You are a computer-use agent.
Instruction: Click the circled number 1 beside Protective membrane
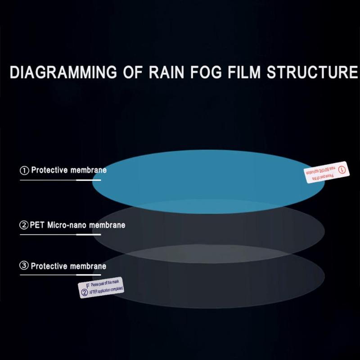24,171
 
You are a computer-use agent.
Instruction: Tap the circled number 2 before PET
24,225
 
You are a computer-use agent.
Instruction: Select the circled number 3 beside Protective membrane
24,266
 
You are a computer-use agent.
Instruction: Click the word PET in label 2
37,225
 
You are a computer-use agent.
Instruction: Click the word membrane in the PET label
108,225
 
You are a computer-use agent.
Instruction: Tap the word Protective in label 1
49,171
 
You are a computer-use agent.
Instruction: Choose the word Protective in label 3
49,266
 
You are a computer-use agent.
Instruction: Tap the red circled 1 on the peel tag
342,170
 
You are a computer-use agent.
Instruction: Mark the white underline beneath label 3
60,274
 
